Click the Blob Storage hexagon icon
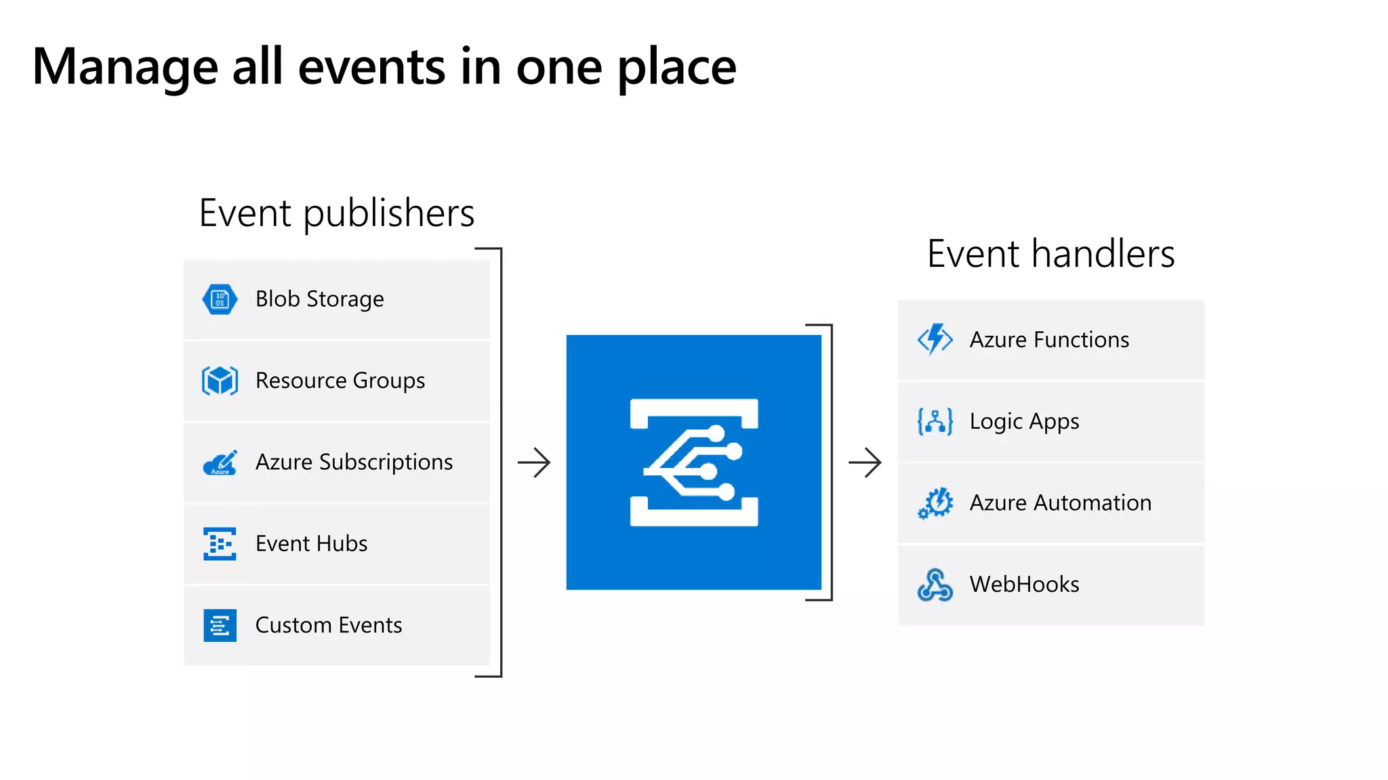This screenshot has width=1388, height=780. click(x=220, y=299)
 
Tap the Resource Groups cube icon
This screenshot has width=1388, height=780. click(x=220, y=381)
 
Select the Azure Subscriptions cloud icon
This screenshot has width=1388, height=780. click(x=220, y=462)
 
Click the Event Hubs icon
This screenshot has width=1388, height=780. click(x=220, y=544)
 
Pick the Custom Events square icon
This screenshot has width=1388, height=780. click(x=220, y=625)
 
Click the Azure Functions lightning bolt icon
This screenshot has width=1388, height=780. click(x=935, y=339)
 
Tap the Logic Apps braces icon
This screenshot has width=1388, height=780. click(x=935, y=421)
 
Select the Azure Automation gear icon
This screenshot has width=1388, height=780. click(x=935, y=503)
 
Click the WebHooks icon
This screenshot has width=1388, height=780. click(x=935, y=585)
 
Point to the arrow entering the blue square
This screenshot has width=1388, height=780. click(x=534, y=462)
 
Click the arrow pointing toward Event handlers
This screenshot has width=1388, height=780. click(x=865, y=462)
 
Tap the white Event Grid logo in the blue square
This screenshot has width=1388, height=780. click(x=694, y=462)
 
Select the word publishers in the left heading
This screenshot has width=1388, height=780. click(x=388, y=215)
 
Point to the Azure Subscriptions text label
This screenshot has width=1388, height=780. click(x=354, y=462)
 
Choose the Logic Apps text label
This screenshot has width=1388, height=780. click(x=1024, y=422)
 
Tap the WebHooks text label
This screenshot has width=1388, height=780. click(x=1024, y=584)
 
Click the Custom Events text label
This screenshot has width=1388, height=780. click(x=329, y=625)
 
